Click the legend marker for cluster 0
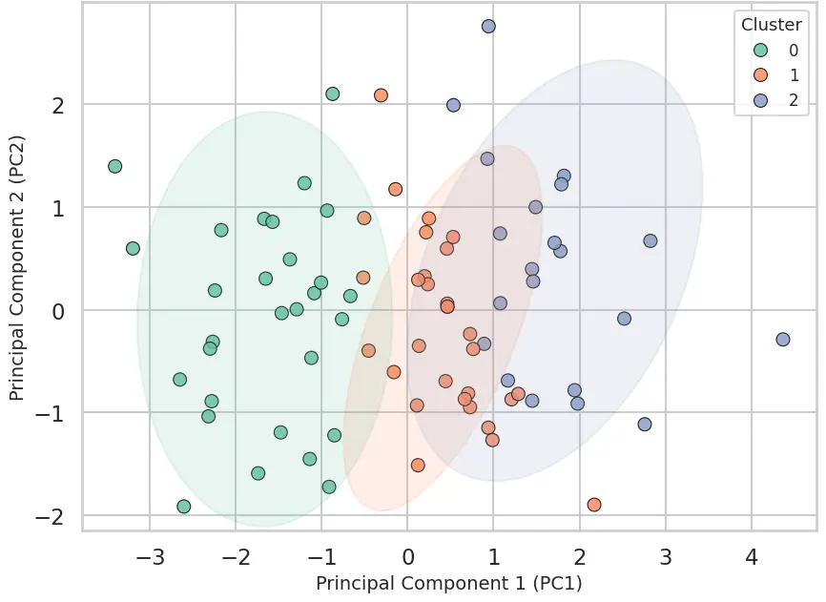click(x=760, y=50)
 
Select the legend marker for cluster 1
click(x=760, y=74)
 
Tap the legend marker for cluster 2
click(x=760, y=100)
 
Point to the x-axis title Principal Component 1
click(x=448, y=582)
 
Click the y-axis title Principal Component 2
click(x=16, y=268)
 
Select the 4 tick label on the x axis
click(x=752, y=556)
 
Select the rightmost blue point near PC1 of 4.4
click(x=783, y=340)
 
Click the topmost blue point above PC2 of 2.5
click(x=488, y=27)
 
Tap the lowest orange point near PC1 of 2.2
click(x=594, y=505)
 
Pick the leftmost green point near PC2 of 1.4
click(x=115, y=166)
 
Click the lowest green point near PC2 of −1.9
click(x=184, y=507)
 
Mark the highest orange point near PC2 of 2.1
click(x=381, y=95)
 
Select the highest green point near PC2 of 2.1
click(x=333, y=93)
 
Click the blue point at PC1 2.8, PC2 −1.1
click(x=645, y=425)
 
